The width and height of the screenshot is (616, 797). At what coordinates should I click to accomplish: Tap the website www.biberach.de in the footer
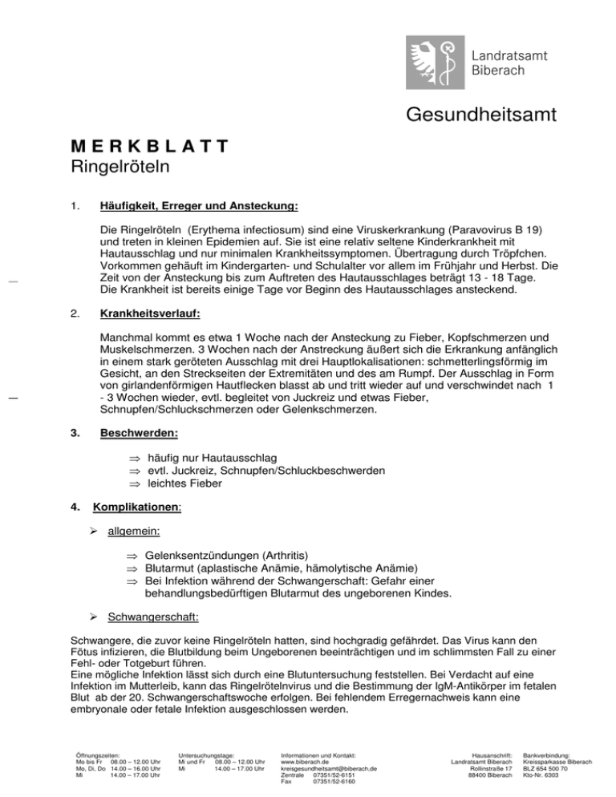click(305, 761)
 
